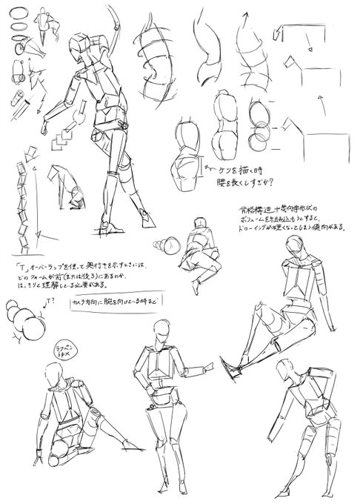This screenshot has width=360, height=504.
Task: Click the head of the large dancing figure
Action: coord(81,47)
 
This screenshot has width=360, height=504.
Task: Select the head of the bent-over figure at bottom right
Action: coord(284,375)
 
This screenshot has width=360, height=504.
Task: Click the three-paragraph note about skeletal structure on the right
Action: coord(289,219)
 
